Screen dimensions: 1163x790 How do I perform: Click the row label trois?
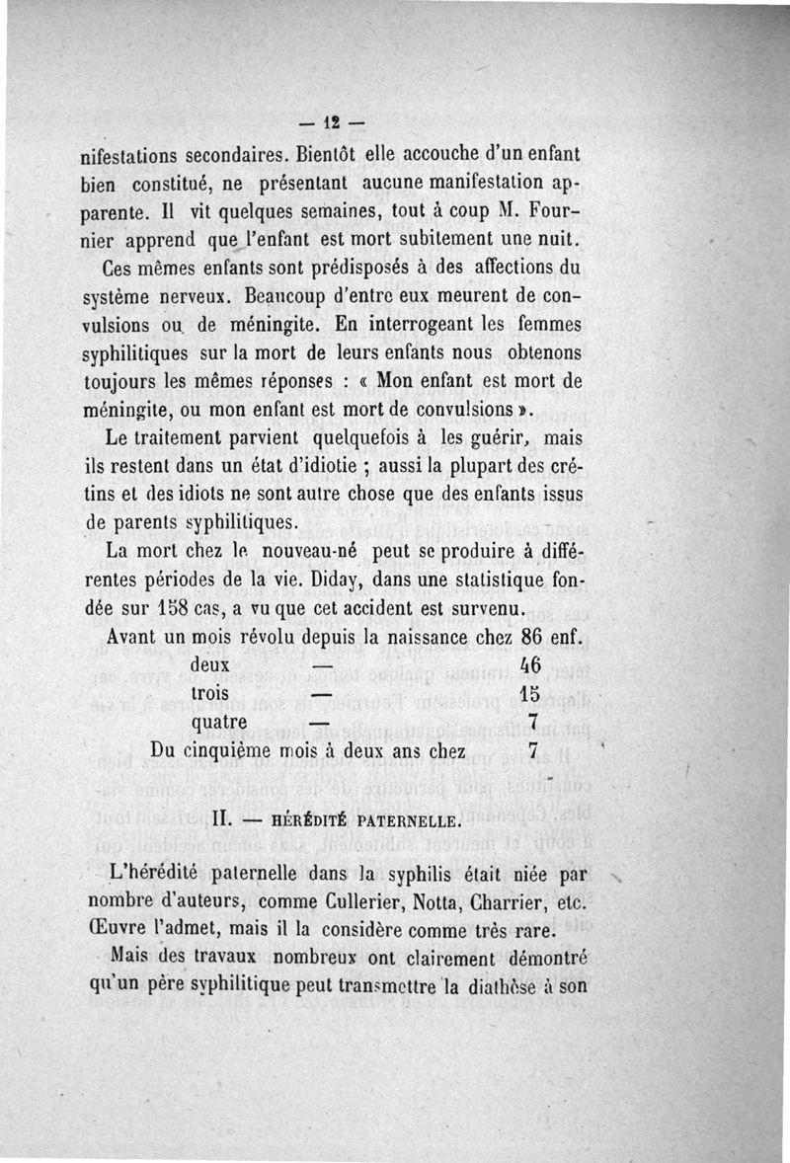pos(209,693)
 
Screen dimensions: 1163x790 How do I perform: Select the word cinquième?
pos(245,750)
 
